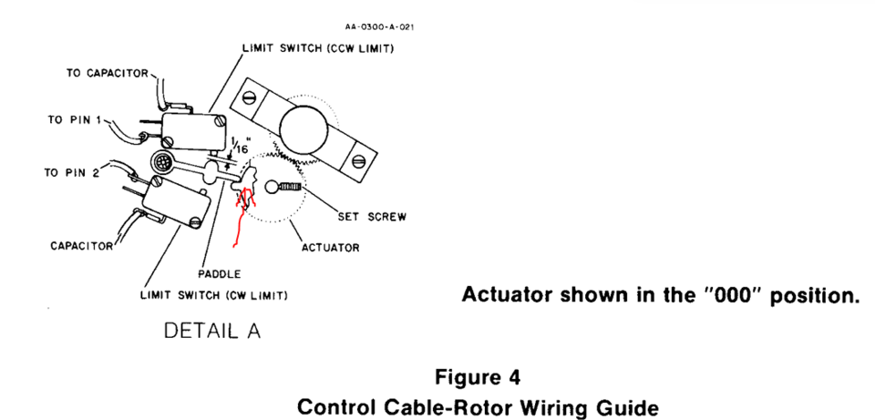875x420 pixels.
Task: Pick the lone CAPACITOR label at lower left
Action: [x=78, y=245]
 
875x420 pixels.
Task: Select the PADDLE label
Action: [x=219, y=272]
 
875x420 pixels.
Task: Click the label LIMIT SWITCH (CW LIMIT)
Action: [x=214, y=295]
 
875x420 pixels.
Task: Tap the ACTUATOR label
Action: [x=330, y=247]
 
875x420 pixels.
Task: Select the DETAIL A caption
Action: [x=211, y=332]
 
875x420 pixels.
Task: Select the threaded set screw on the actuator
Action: [x=288, y=186]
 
